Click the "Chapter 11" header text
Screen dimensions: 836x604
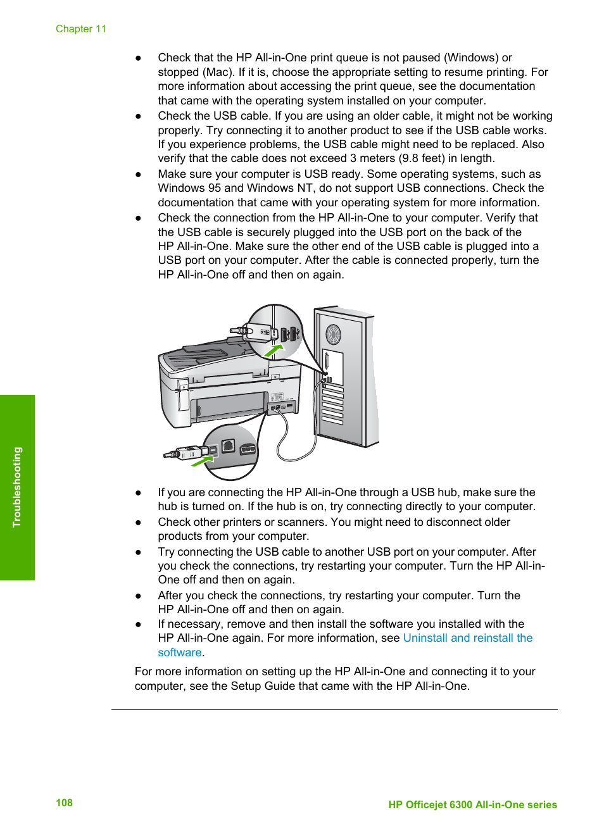tap(81, 29)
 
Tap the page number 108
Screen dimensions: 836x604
tap(64, 802)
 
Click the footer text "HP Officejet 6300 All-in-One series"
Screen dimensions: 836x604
tap(472, 804)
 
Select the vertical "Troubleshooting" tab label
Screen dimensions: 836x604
tap(17, 487)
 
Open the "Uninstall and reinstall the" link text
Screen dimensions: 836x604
tap(467, 638)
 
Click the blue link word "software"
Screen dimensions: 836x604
tap(179, 652)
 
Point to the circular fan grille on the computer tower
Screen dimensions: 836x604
tap(333, 335)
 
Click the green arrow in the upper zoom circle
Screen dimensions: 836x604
tap(274, 350)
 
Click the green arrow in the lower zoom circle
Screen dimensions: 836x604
tap(202, 462)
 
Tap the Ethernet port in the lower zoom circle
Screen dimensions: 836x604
tap(229, 446)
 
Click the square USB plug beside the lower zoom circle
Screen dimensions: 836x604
tap(189, 452)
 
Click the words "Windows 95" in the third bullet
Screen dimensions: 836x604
tap(189, 188)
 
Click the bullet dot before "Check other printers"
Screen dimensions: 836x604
tap(138, 523)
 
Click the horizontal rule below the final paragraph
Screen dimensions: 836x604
tap(334, 709)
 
